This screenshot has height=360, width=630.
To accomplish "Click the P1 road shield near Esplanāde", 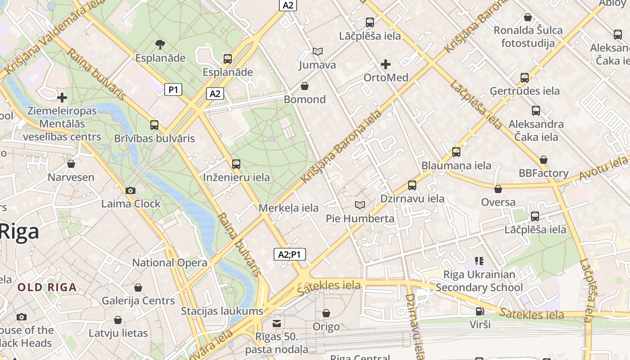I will [x=173, y=90].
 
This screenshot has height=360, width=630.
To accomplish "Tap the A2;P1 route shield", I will [x=290, y=254].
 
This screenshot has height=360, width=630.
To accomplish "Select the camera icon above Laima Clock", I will [x=130, y=191].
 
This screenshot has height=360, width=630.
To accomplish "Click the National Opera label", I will [x=170, y=262].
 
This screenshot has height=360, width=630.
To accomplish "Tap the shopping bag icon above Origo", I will [x=326, y=313].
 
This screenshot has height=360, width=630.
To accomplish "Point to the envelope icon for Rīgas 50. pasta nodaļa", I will [x=277, y=323].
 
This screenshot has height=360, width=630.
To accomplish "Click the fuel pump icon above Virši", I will [x=480, y=311].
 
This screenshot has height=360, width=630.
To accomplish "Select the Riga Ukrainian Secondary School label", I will [x=479, y=281].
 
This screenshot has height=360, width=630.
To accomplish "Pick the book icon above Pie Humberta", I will [x=360, y=205].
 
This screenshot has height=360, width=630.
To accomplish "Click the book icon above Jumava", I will [x=318, y=52].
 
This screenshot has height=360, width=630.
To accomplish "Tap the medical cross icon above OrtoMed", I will [x=386, y=64].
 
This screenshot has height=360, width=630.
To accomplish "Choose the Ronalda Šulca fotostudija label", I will [x=528, y=37].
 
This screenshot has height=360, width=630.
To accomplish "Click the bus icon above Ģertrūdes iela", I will [x=525, y=77].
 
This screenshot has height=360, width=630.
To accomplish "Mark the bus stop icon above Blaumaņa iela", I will [x=456, y=152].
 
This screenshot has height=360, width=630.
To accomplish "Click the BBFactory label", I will [x=543, y=173].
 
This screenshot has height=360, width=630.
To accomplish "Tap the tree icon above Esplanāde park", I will [x=160, y=44].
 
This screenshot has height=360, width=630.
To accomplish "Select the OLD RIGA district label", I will [x=47, y=287].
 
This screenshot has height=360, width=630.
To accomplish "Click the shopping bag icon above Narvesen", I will [x=71, y=164].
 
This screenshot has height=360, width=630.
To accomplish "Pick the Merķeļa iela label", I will [x=288, y=208].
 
